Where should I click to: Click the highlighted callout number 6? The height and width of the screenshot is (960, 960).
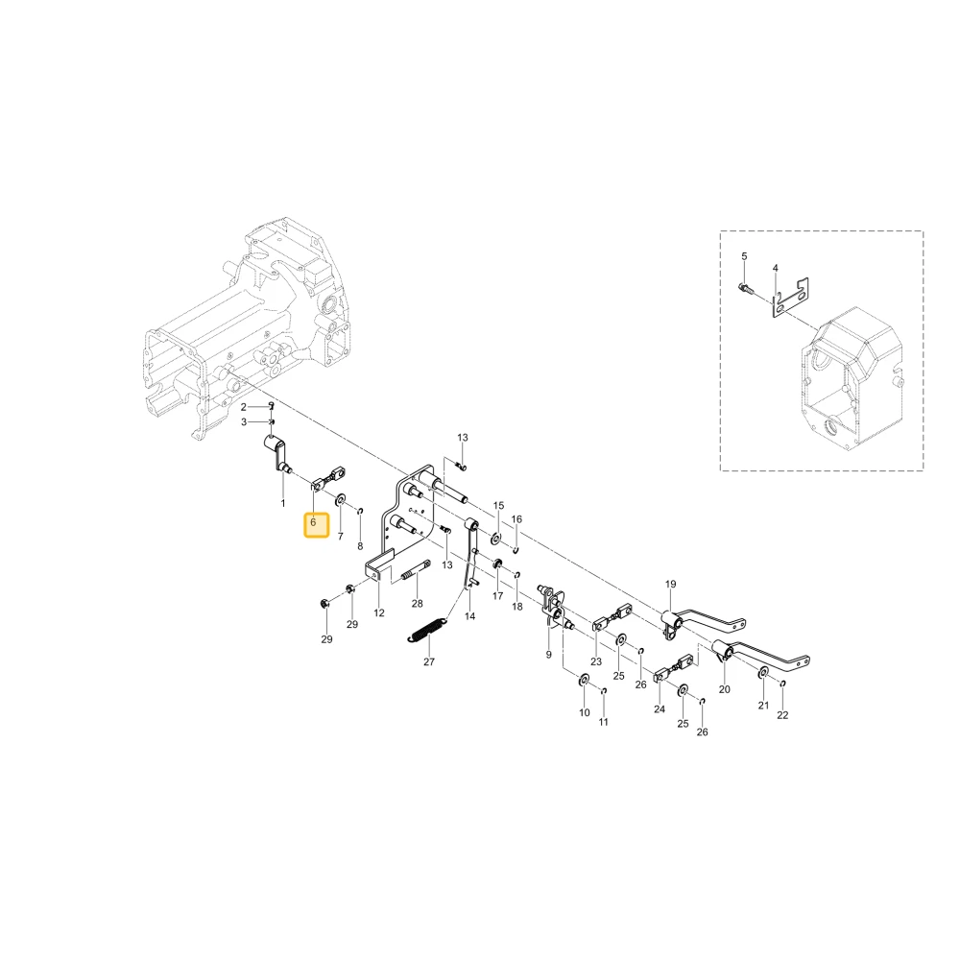tap(313, 522)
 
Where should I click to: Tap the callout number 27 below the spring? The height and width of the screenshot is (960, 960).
tap(428, 661)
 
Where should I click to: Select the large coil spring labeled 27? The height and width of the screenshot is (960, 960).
tap(427, 630)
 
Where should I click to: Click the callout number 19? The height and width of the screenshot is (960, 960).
tap(670, 584)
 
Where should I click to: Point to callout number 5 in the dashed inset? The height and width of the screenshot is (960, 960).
tap(744, 256)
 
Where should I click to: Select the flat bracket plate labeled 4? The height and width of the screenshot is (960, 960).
tap(789, 298)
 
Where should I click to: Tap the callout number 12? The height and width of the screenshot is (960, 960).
tap(379, 612)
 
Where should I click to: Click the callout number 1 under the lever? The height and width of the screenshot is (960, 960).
tap(283, 503)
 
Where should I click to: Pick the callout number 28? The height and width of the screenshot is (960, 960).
tap(417, 604)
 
